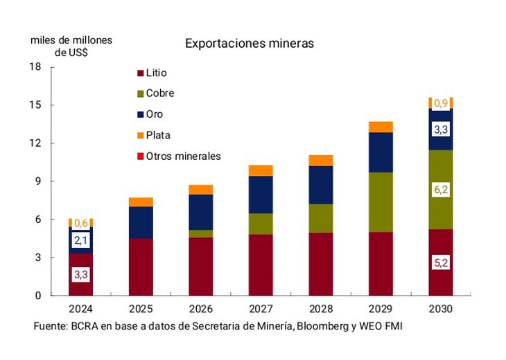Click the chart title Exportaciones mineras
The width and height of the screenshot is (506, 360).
[249, 44]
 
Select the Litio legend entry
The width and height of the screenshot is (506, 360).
[156, 73]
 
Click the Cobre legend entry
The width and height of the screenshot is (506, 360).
[159, 93]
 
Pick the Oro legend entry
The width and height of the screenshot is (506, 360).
[155, 114]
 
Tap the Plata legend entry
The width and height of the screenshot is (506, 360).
[158, 135]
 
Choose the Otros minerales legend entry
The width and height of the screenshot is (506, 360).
[183, 156]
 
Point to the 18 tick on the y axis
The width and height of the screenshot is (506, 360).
[36, 67]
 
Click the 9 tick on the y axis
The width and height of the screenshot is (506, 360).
[39, 181]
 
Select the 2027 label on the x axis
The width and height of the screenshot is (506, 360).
[261, 309]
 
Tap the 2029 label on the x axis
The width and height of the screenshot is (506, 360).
[381, 309]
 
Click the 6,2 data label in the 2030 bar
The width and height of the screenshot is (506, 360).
[441, 189]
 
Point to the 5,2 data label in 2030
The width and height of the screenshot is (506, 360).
[441, 264]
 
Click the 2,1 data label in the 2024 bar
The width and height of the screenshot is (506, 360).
[81, 240]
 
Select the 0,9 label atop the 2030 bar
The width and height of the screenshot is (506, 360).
[441, 103]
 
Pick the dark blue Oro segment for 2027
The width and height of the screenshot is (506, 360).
[261, 195]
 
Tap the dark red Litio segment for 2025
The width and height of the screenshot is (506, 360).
[141, 267]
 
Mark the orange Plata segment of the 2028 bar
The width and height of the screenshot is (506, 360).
[321, 161]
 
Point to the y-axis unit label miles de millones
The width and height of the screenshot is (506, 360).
[71, 40]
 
